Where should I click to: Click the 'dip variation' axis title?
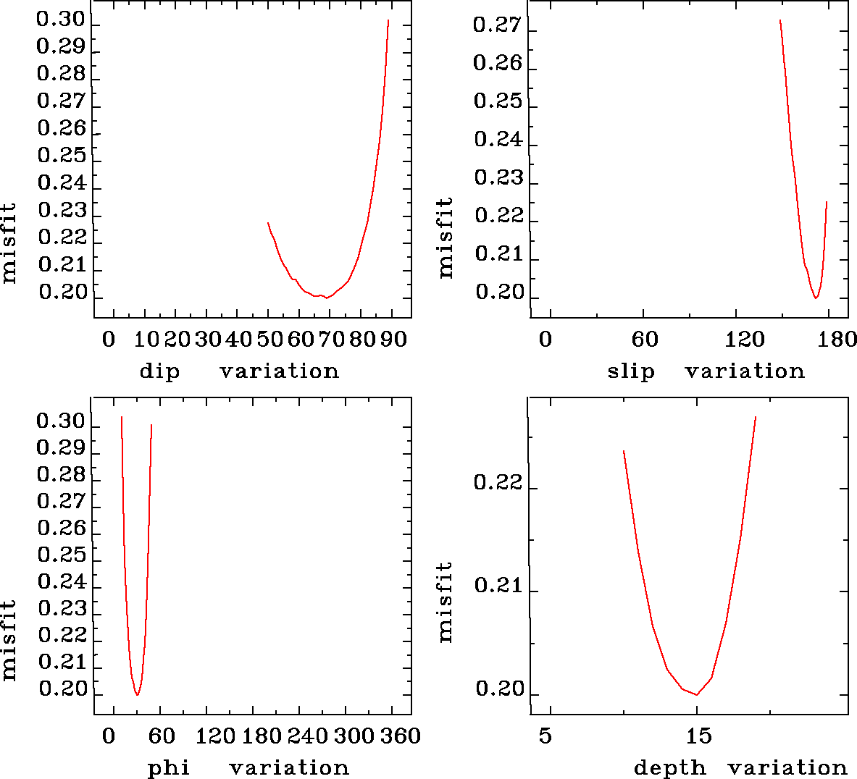coord(239,371)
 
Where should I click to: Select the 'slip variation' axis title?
coord(706,371)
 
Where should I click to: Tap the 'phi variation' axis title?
coord(248,767)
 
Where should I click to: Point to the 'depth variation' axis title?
coord(740,767)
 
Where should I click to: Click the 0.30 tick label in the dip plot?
coord(62,20)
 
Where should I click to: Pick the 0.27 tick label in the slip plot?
coord(497,25)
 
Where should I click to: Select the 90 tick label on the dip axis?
coord(393,339)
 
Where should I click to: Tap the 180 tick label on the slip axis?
coord(840,339)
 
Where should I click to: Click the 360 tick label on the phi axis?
coord(401,736)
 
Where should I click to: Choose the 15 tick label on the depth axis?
coord(698,736)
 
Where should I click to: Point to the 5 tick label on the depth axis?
coord(545,736)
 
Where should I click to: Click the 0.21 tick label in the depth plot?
coord(498,585)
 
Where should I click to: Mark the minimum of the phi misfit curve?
coord(137,695)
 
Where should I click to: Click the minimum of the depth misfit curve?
coord(697,695)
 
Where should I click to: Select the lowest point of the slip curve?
coord(816,298)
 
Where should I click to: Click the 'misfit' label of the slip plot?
coord(446,237)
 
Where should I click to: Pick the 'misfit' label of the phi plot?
coord(9,640)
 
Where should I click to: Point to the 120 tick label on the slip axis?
coord(745,339)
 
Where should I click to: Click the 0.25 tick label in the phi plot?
coord(62,555)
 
